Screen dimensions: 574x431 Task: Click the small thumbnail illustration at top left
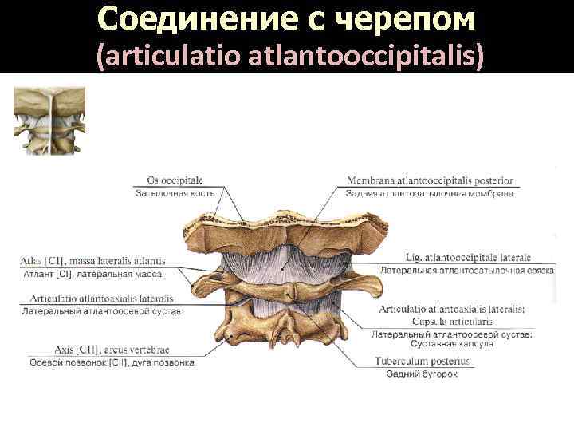49,120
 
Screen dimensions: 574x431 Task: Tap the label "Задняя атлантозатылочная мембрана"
429,192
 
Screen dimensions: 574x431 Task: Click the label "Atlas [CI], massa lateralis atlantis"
92,260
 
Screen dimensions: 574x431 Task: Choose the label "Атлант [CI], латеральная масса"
91,273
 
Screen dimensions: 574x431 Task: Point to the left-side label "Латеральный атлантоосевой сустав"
102,310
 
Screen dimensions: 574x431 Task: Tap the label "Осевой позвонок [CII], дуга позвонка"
112,362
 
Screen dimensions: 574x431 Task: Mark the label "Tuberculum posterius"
423,361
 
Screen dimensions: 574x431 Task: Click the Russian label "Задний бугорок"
422,374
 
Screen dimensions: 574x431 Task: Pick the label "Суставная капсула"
451,343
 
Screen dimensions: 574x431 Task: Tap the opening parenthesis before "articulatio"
99,57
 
